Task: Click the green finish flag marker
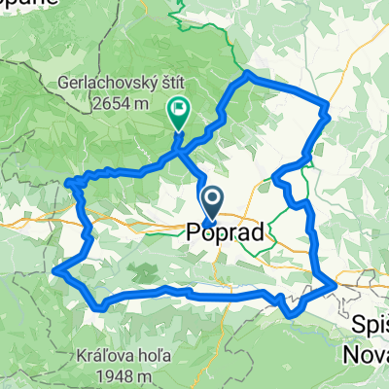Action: click(179, 112)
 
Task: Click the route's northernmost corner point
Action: click(249, 74)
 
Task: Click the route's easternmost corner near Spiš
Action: click(335, 282)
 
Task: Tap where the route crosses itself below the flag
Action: click(178, 147)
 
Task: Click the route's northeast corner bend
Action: click(327, 106)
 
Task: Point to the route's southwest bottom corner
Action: click(100, 307)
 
